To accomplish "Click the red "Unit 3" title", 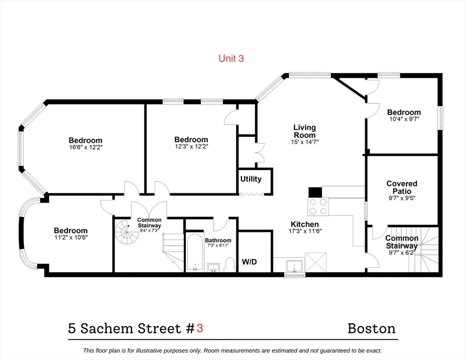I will tap(231, 59).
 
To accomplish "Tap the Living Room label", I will tap(305, 131).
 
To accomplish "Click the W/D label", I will tap(249, 261).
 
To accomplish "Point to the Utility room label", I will tap(251, 179).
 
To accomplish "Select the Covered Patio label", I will tap(402, 187).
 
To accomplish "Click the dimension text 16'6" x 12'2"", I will tap(85, 147).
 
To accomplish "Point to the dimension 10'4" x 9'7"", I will tap(404, 119).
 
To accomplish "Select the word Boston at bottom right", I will tap(371, 328).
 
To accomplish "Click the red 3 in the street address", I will tap(200, 328).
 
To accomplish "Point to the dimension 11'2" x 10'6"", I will tap(70, 237).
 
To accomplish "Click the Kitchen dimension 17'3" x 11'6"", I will tap(305, 231).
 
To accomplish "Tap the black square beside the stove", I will tap(315, 192).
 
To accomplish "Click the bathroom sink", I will tap(213, 268).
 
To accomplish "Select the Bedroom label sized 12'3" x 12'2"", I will tap(191, 140).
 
